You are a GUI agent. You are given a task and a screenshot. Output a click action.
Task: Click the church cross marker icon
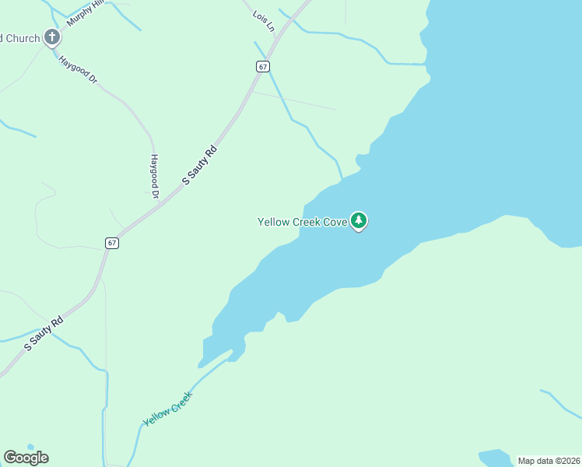click(52, 37)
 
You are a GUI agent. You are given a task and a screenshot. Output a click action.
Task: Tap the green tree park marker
click(359, 221)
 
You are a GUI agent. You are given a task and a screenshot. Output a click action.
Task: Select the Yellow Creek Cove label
click(302, 222)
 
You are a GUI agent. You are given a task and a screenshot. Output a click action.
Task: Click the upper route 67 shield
click(263, 66)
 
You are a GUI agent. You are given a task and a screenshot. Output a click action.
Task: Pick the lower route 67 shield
click(113, 243)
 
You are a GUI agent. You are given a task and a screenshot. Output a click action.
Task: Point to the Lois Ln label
click(265, 21)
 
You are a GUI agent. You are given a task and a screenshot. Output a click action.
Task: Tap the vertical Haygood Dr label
click(154, 174)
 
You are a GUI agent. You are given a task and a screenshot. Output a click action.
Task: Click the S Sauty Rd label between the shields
click(199, 163)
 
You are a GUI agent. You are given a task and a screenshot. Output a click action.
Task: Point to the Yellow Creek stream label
click(167, 409)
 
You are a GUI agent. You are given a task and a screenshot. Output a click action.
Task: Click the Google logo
click(26, 458)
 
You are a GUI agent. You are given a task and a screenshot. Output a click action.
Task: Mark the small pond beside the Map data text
click(495, 457)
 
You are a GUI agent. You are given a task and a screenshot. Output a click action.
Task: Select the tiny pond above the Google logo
click(30, 447)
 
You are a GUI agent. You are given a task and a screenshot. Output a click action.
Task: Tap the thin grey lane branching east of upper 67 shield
click(296, 100)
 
